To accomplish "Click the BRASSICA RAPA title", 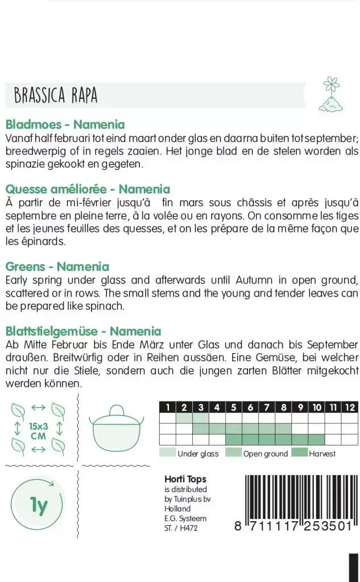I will tap(56, 95).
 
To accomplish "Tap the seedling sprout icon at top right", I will tap(332, 94).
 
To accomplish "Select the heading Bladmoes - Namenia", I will tap(65, 124).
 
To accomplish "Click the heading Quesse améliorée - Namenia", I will tap(88, 189).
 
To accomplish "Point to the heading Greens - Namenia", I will tap(57, 267).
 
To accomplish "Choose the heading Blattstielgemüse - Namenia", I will tap(83, 331).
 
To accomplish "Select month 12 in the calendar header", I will tap(350, 407).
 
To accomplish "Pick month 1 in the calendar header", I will tap(167, 407).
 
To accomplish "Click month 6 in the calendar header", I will tap(250, 407).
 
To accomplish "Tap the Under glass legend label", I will tap(198, 454).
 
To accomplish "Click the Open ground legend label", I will tap(265, 454).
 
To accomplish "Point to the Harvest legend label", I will tap(322, 454).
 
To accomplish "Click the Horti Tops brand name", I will tap(185, 479).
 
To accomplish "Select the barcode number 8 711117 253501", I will tap(293, 526).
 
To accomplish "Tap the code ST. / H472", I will tap(181, 529).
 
